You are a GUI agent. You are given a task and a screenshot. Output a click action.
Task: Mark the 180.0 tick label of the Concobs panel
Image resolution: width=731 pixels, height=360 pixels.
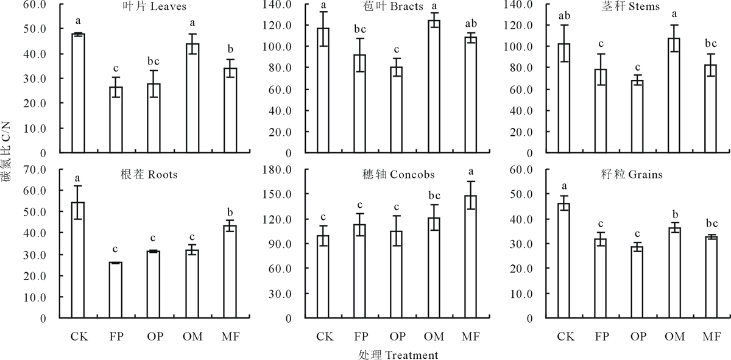(291, 169)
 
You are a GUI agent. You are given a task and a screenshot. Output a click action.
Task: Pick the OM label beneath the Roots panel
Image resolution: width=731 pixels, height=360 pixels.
(192, 336)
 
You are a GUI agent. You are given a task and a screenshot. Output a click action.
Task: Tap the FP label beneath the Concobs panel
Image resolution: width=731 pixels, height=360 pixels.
(360, 336)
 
